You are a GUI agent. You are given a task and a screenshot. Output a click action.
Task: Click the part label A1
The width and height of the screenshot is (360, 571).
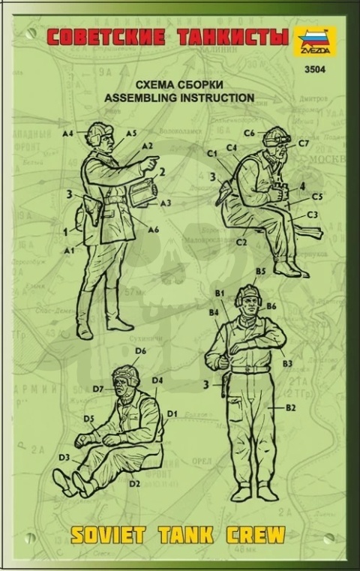69,249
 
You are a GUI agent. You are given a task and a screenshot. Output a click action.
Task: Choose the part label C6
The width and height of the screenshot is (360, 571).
249,133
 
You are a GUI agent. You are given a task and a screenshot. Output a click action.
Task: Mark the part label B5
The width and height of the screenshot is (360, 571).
261,271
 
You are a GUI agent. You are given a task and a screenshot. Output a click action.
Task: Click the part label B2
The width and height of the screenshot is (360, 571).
292,407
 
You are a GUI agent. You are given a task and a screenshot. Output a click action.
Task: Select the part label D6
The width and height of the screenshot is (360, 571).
140,350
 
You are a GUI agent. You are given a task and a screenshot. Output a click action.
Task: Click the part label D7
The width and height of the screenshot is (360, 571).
98,389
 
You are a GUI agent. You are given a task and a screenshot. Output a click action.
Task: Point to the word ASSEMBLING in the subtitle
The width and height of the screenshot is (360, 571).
160,98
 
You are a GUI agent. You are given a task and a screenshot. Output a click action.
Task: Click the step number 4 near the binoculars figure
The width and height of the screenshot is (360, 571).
301,186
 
